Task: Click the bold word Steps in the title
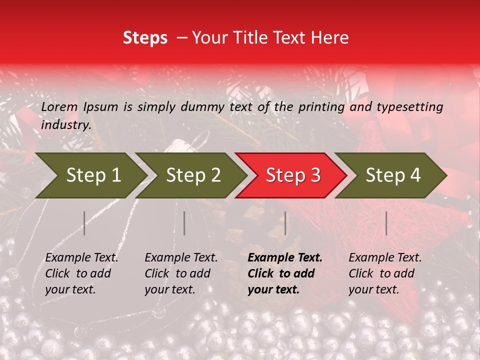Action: tap(145, 37)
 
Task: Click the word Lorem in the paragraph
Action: tap(59, 106)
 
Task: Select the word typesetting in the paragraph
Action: tap(410, 106)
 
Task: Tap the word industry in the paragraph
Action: tap(65, 124)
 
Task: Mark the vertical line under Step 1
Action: tap(84, 223)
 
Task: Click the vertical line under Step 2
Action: tap(184, 223)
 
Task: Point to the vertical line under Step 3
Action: tap(285, 223)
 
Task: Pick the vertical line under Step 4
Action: tap(386, 223)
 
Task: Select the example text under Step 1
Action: tap(81, 273)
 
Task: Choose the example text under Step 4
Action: tap(385, 273)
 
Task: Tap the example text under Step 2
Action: tap(181, 273)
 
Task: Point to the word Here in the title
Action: tap(330, 37)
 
